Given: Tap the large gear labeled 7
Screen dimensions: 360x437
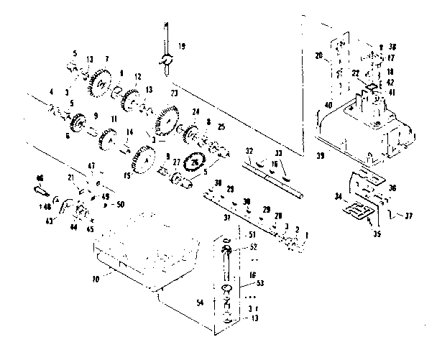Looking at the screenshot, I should [100, 86].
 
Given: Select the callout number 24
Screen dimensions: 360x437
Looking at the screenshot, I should [195, 111].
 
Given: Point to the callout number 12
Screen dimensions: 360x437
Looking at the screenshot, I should [137, 76].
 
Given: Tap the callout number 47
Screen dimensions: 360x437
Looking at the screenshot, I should [91, 166].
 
